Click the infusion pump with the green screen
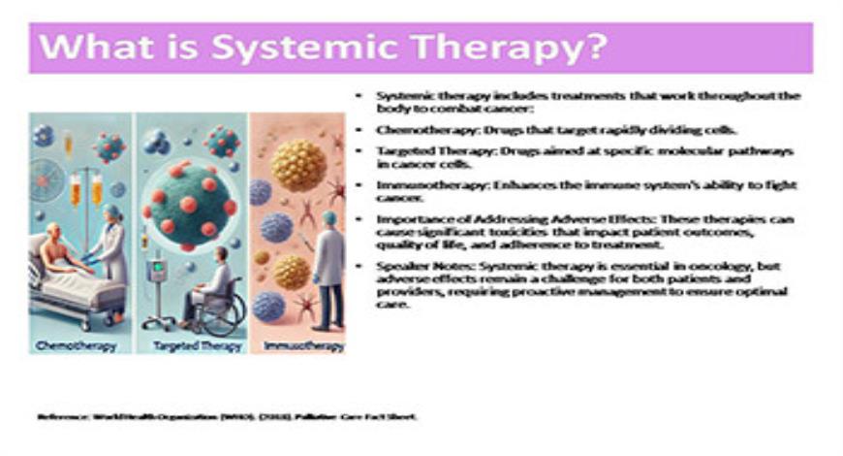pyautogui.click(x=157, y=270)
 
